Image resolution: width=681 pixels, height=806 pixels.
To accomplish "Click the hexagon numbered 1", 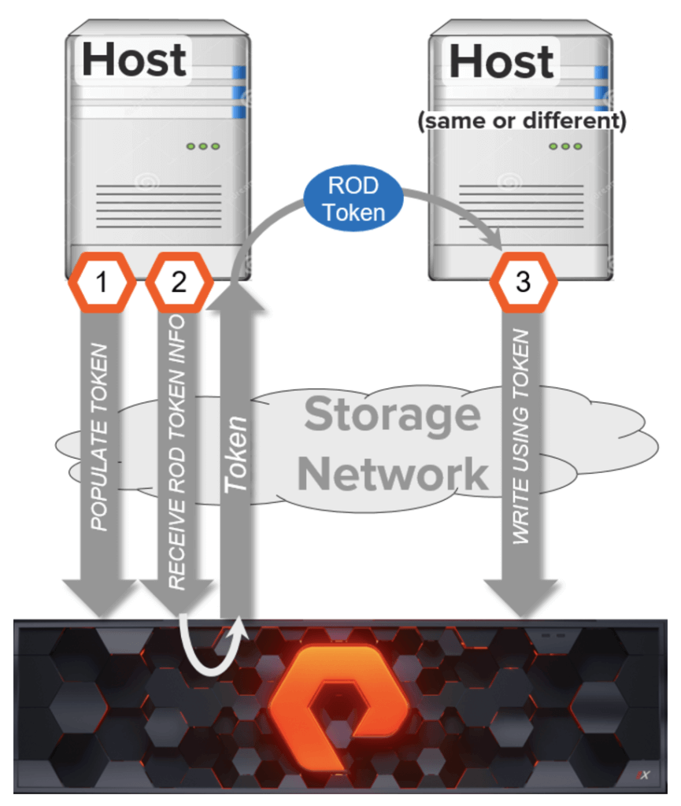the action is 102,283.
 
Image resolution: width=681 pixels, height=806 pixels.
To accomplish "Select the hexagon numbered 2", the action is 179,283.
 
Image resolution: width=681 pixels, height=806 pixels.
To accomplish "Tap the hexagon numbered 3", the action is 524,283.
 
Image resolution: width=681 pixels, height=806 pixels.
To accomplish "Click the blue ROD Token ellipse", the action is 353,198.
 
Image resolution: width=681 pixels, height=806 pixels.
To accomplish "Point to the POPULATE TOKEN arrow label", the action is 99,437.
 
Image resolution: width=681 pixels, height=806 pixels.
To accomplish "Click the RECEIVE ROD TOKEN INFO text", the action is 177,453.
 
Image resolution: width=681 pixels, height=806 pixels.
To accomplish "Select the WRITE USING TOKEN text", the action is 520,436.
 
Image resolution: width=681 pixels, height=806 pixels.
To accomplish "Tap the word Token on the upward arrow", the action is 236,454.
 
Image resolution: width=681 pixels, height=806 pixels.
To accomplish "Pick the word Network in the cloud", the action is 393,475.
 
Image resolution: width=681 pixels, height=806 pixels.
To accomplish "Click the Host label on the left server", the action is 134,60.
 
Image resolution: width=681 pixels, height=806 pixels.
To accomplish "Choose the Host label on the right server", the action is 501,61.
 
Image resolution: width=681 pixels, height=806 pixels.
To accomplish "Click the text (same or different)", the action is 522,120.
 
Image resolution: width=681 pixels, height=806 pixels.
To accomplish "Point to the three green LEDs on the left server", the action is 203,146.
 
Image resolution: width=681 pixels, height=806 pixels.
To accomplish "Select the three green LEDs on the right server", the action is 565,146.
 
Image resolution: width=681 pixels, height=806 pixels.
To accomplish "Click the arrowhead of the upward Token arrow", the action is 236,298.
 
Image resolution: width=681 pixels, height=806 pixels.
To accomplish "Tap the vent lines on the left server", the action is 159,206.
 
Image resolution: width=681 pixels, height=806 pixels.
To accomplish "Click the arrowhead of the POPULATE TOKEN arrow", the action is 100,598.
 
